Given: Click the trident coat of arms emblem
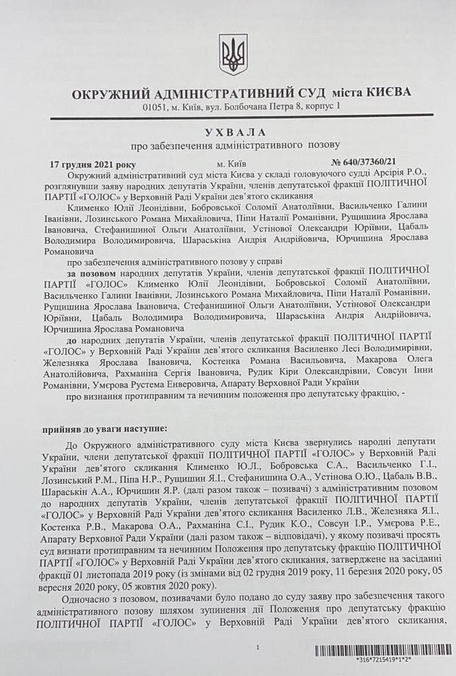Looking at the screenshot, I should click(x=233, y=54).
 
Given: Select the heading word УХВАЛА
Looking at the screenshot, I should click(x=233, y=132).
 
